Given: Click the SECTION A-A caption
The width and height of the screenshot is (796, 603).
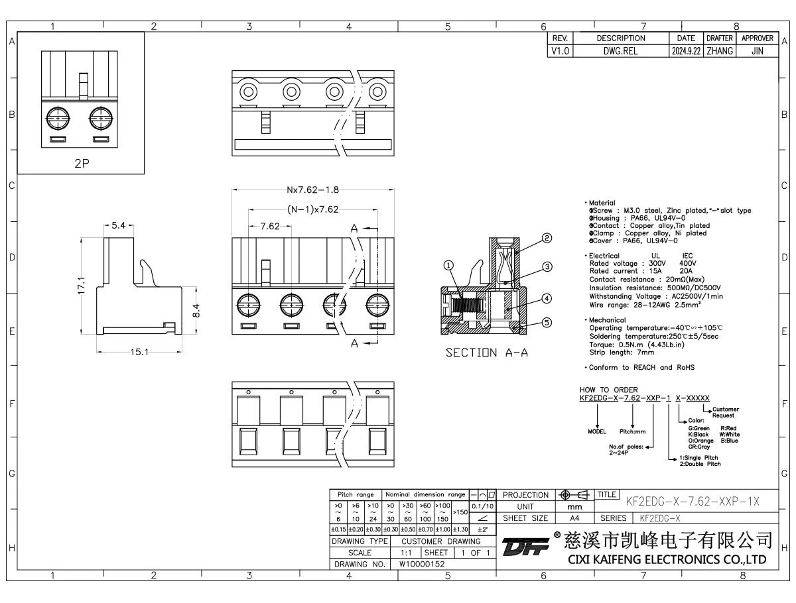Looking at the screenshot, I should click(488, 354).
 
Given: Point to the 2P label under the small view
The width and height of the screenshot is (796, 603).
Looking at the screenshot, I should click(81, 163).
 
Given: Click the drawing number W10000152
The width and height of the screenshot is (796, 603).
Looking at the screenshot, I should click(422, 564).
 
